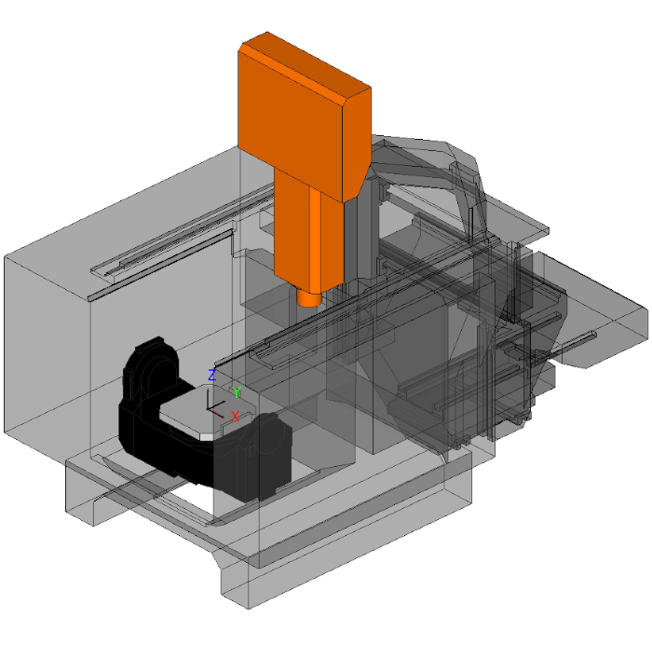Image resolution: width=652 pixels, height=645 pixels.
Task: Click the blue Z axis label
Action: click(x=211, y=375)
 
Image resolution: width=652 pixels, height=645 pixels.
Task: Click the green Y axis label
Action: click(x=237, y=392)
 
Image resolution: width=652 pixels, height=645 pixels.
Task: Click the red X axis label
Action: click(x=236, y=416)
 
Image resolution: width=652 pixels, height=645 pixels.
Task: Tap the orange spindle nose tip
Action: click(x=309, y=299)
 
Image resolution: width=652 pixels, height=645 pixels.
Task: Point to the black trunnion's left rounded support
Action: click(x=150, y=370)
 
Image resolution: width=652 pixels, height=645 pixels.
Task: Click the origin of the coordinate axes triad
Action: click(x=208, y=408)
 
